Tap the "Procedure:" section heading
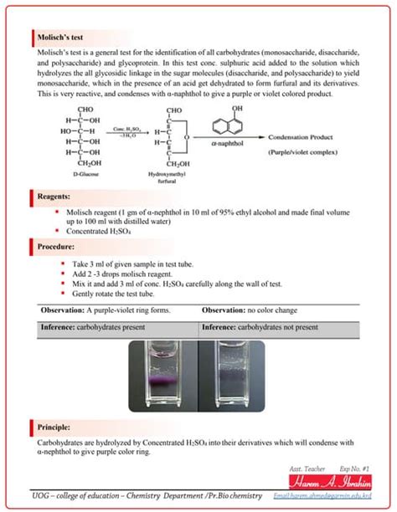coord(57,247)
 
